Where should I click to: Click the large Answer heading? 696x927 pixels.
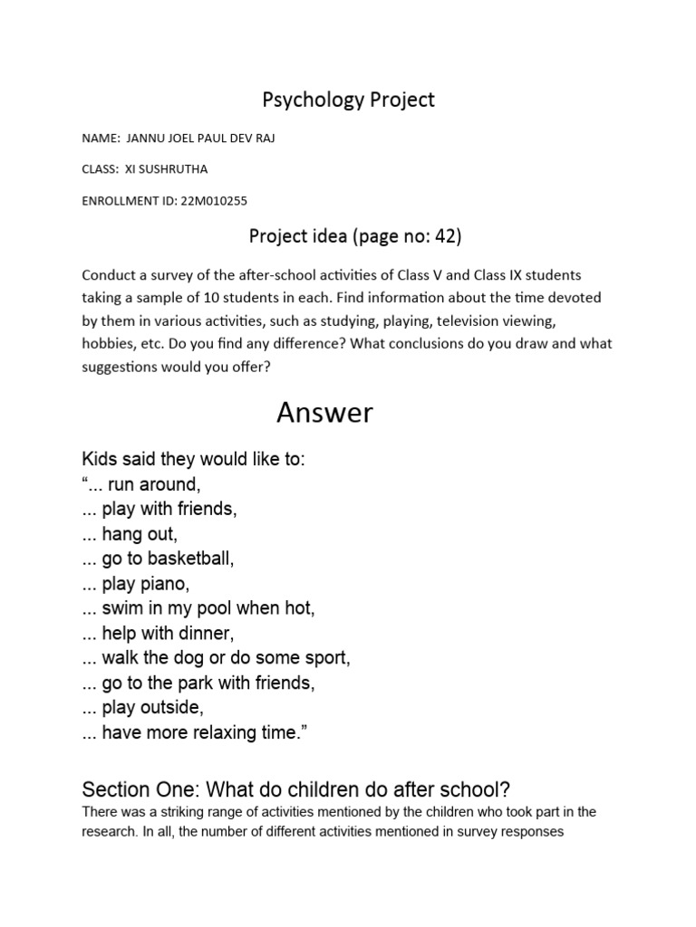(x=324, y=413)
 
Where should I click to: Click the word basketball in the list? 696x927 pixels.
(x=187, y=559)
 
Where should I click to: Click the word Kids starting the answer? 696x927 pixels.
(x=100, y=460)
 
